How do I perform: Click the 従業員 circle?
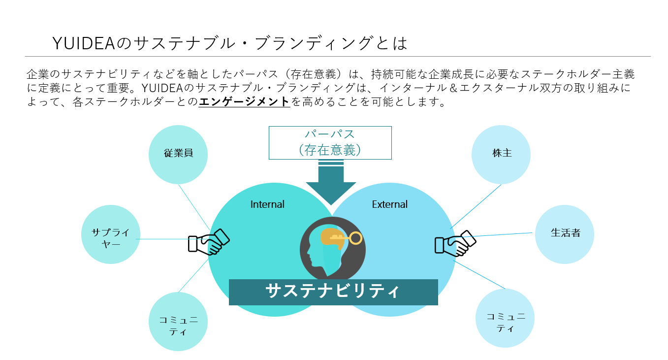coord(178,154)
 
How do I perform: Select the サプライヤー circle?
coord(111,234)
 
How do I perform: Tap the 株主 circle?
coord(501,154)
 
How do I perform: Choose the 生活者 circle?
coord(565,234)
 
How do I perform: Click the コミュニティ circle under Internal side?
coord(178,322)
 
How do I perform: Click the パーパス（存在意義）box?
coord(330,143)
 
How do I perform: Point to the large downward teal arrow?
coord(331,185)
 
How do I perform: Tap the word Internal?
coord(267,204)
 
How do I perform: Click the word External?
coord(389,204)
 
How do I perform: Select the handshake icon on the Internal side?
coord(209,242)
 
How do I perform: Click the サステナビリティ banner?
coord(333,292)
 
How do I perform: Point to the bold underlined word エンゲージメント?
coord(244,102)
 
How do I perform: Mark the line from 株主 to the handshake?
coord(476,206)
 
